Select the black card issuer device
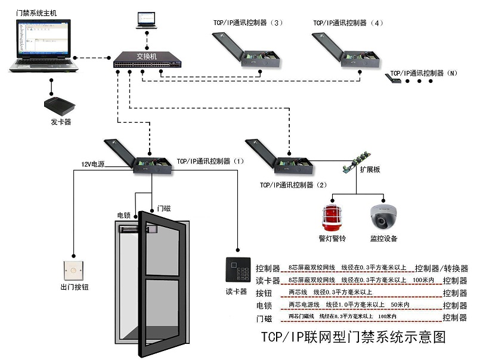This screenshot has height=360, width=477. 60,106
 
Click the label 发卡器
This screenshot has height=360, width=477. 60,123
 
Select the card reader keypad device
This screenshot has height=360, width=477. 236,271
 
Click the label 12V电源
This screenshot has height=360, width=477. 92,164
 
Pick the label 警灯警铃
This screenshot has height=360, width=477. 333,238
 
